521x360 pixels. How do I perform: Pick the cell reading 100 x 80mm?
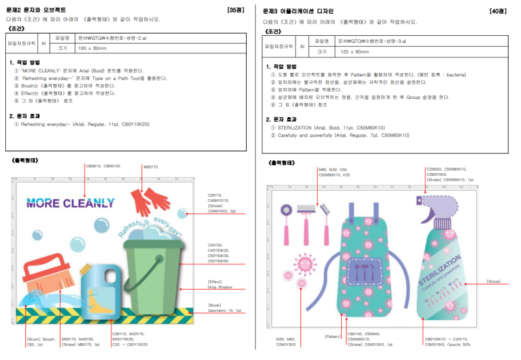pyautogui.click(x=92, y=48)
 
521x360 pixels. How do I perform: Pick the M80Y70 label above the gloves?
pyautogui.click(x=150, y=167)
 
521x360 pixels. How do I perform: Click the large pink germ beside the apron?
pyautogui.click(x=304, y=264)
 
